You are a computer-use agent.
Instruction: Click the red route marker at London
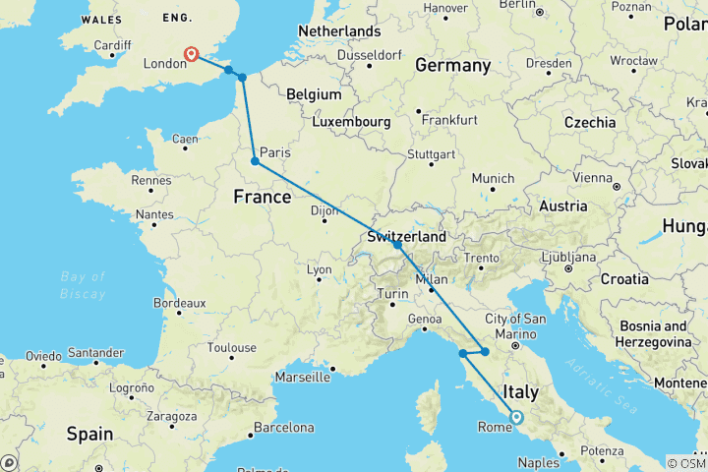[x=191, y=55]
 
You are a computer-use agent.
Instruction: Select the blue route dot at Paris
[x=255, y=161]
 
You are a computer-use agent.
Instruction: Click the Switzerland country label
[x=406, y=237]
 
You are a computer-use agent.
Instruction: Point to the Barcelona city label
[x=282, y=428]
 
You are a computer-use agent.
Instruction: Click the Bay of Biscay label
[x=82, y=286]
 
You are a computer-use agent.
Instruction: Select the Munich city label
[x=493, y=178]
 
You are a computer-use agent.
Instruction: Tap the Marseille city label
[x=301, y=377]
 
